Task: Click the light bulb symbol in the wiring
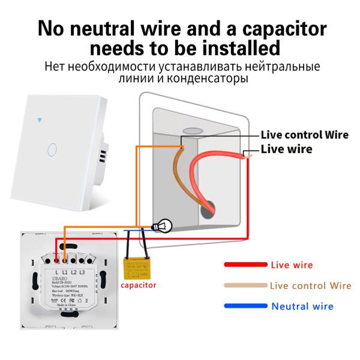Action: pyautogui.click(x=161, y=226)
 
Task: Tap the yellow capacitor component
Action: pyautogui.click(x=136, y=267)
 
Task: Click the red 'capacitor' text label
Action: pyautogui.click(x=139, y=285)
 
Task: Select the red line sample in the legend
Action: pyautogui.click(x=245, y=264)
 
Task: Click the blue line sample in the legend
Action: pyautogui.click(x=245, y=306)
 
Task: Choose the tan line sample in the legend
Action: pyautogui.click(x=245, y=286)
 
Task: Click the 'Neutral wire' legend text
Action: pyautogui.click(x=302, y=306)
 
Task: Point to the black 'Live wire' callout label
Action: pyautogui.click(x=286, y=149)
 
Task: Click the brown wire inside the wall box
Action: pyautogui.click(x=179, y=174)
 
